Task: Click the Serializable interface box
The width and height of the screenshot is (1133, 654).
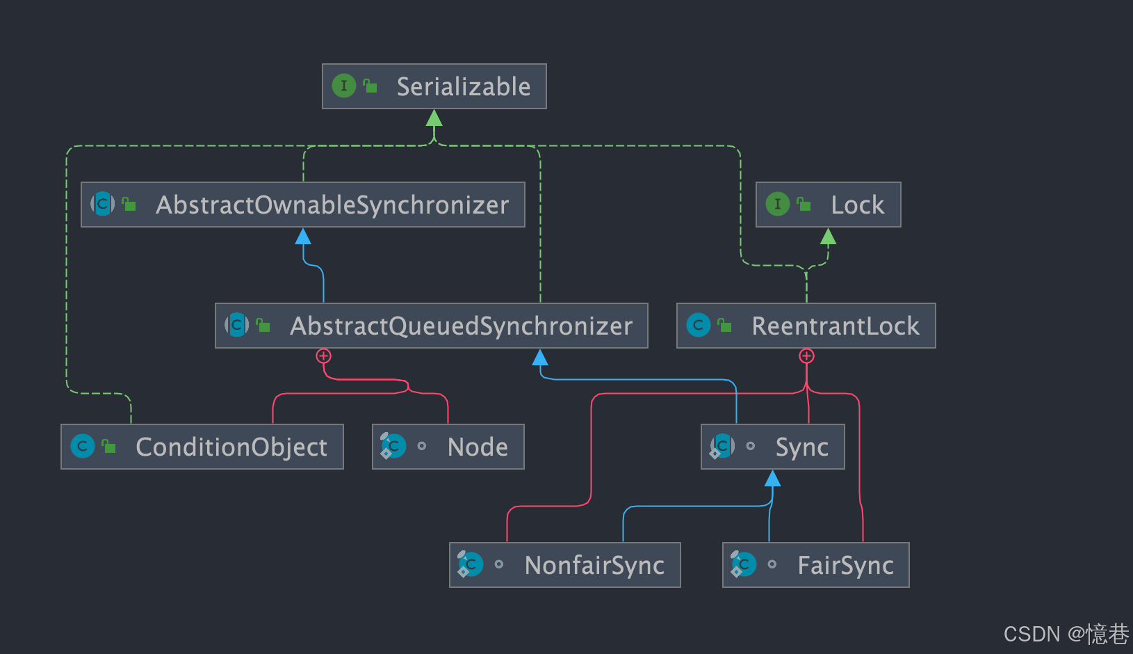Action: point(434,86)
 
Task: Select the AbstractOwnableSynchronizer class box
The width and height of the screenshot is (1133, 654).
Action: point(302,205)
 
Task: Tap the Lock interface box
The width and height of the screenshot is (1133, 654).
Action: point(828,205)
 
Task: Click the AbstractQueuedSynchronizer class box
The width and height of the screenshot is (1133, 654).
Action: point(431,326)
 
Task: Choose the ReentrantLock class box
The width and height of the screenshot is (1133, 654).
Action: point(806,326)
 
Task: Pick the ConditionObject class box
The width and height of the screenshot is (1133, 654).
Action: point(202,447)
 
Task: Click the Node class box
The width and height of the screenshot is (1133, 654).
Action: point(448,447)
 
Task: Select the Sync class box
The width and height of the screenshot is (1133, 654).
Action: point(772,447)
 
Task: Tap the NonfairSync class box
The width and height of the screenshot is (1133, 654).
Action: point(564,565)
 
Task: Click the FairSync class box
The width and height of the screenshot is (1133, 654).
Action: point(815,565)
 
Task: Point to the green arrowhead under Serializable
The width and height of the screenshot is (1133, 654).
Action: point(434,118)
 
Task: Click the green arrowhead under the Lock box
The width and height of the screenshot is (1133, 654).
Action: point(828,237)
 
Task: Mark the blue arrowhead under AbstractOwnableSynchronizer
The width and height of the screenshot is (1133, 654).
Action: point(303,237)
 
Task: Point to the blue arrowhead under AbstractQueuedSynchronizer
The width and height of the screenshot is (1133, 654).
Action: point(540,358)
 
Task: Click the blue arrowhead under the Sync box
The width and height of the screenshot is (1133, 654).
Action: point(772,479)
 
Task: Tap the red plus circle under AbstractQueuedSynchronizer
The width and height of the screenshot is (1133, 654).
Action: point(323,356)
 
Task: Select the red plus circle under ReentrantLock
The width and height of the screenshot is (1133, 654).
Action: point(806,356)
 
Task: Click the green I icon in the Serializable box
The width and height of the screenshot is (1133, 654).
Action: point(343,86)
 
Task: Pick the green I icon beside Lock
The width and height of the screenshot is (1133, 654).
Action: point(777,205)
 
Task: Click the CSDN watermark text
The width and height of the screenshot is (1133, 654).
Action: point(1066,634)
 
